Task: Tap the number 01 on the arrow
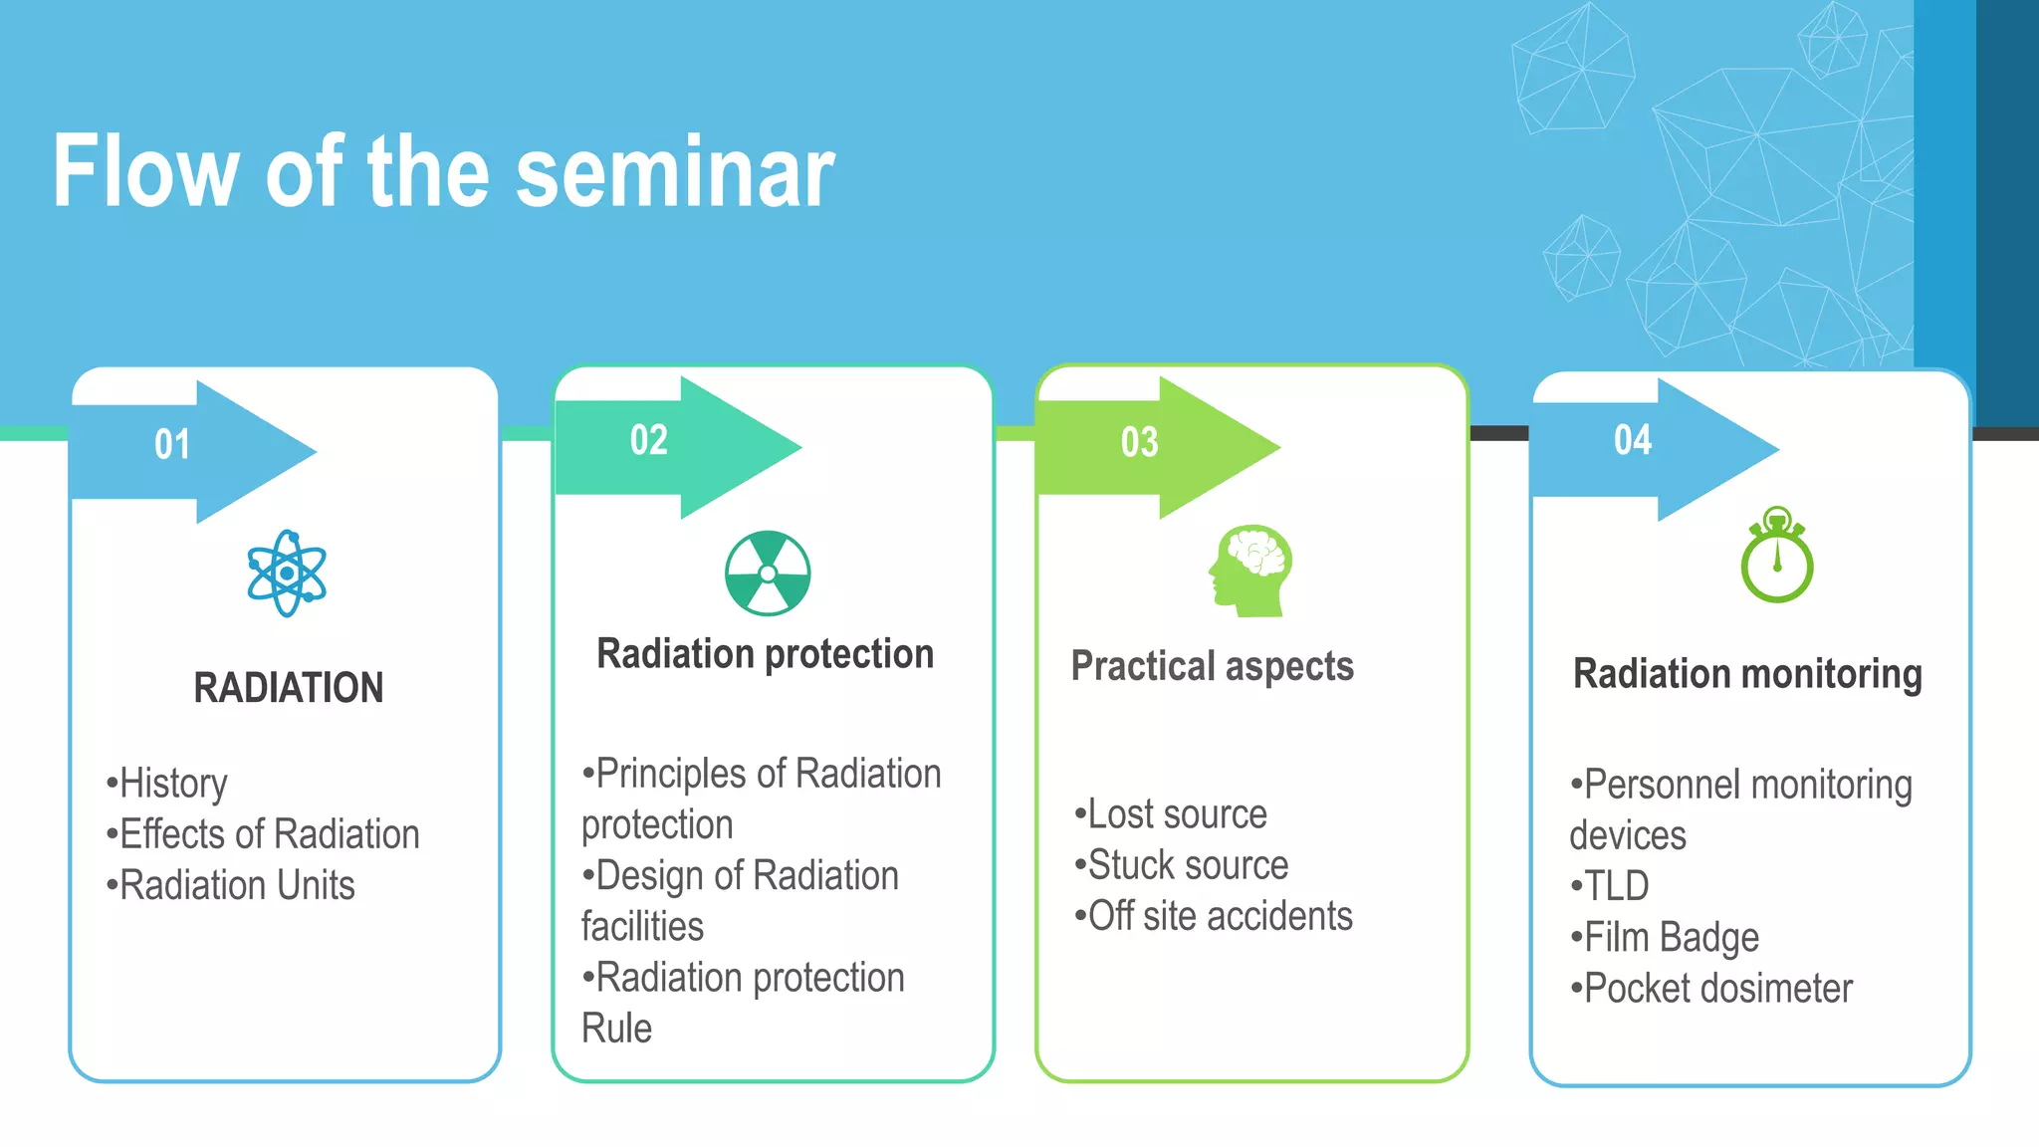(172, 444)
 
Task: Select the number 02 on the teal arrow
(649, 440)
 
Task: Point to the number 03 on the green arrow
(1140, 442)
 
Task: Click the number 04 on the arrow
(1633, 440)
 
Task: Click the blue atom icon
(287, 573)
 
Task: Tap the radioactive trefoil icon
(768, 573)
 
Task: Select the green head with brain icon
(1251, 571)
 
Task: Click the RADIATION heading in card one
(289, 688)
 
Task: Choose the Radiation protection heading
(765, 654)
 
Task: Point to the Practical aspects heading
(1212, 666)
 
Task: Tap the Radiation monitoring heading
(1747, 674)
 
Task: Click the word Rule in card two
(616, 1029)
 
